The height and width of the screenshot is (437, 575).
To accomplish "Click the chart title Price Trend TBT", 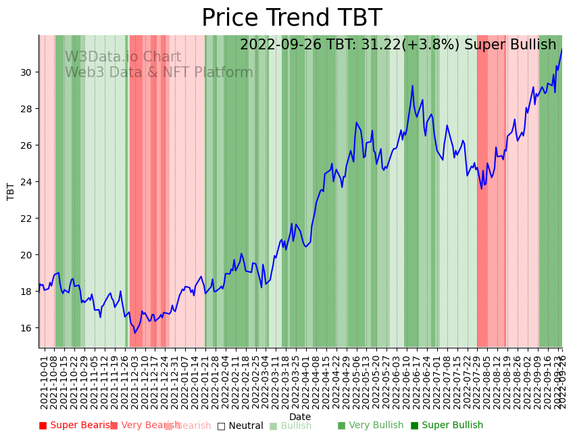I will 291,18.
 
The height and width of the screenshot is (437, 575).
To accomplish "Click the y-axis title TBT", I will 11,191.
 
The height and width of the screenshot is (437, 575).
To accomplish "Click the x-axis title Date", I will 300,417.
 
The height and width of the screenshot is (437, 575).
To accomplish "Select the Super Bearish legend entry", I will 76,425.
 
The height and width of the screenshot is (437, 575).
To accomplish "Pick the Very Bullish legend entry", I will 370,425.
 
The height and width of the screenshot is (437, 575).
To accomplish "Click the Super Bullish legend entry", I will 447,425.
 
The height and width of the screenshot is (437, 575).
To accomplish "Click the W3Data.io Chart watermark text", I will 122,57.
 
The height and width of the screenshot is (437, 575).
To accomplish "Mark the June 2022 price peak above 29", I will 412,86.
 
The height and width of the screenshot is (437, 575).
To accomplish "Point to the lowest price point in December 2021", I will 134,332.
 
